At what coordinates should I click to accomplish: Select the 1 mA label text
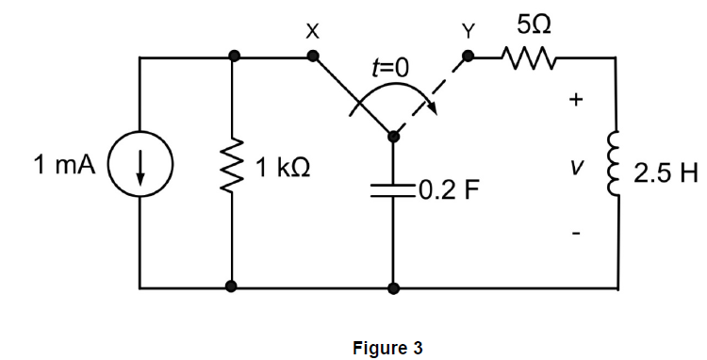click(63, 167)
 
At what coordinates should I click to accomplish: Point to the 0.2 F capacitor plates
click(393, 191)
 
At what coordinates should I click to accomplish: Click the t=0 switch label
click(391, 68)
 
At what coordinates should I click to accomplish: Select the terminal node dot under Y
click(468, 57)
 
